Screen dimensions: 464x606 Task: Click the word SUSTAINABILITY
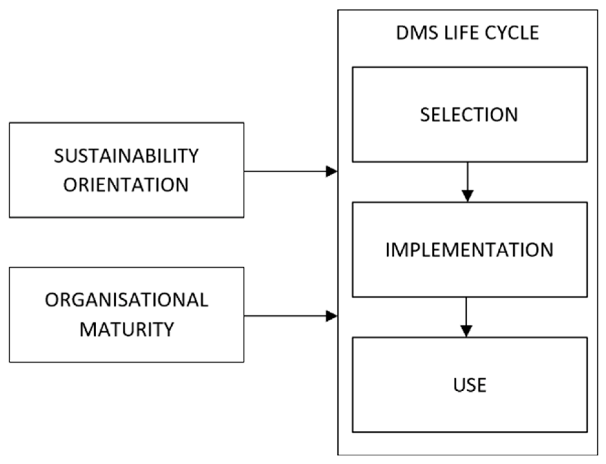(126, 156)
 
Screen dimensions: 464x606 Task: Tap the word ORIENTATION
(126, 185)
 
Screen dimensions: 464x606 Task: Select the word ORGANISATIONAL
(126, 300)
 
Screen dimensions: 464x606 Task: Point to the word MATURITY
(127, 329)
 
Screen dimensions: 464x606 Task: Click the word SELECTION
(469, 115)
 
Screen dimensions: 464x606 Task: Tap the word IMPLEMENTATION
(469, 250)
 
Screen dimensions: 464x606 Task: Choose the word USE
(470, 385)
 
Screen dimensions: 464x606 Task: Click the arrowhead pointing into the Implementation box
(468, 196)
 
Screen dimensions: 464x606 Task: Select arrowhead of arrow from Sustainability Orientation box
(331, 171)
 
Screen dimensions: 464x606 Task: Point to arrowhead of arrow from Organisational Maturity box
(331, 316)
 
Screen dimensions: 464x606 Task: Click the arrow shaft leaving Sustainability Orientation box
(284, 171)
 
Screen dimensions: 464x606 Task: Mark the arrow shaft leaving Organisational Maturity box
(284, 316)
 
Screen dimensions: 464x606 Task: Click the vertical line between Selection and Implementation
(468, 176)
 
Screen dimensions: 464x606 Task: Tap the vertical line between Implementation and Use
(466, 311)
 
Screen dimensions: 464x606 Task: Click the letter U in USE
(459, 385)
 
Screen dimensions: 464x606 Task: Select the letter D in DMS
(402, 33)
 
